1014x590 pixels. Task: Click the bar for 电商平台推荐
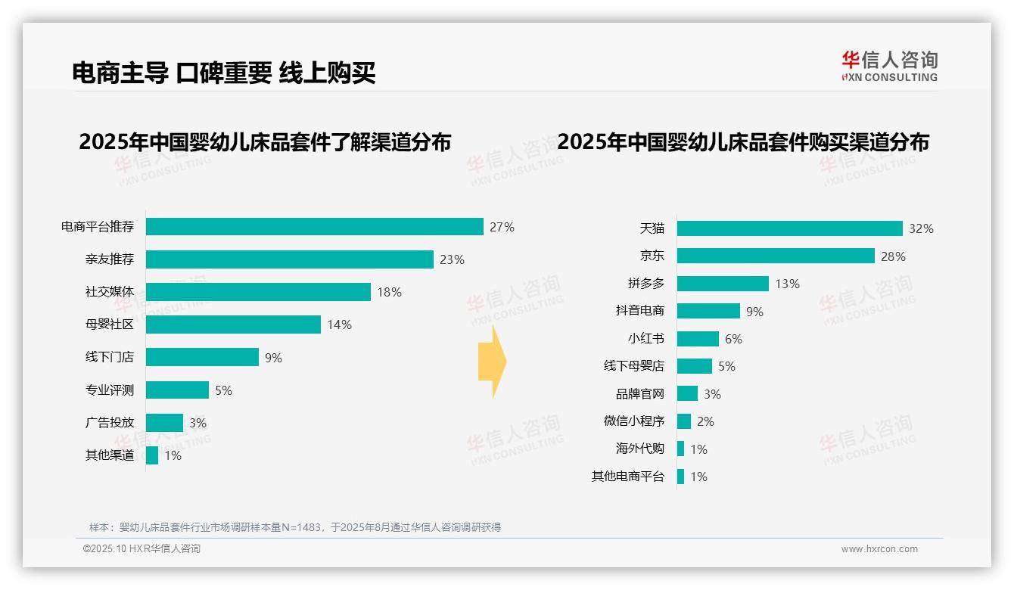click(314, 227)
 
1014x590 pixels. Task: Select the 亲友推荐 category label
click(110, 259)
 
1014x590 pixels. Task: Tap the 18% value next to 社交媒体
click(389, 292)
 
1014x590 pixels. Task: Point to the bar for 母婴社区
click(233, 324)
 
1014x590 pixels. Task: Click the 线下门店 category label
click(110, 357)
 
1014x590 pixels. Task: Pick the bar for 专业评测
click(177, 390)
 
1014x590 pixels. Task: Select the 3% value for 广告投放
click(198, 423)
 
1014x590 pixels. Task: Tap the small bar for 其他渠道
click(152, 455)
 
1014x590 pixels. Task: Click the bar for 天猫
click(789, 228)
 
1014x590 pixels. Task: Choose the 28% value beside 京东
click(893, 256)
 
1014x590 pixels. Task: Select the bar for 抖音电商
click(708, 311)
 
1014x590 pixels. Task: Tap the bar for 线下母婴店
click(694, 366)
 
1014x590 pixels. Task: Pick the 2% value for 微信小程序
click(705, 421)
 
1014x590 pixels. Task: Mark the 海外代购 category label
click(639, 449)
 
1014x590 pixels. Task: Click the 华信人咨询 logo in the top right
click(889, 66)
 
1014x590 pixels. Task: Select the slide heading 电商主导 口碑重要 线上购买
click(224, 73)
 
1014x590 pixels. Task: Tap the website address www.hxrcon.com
click(879, 549)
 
